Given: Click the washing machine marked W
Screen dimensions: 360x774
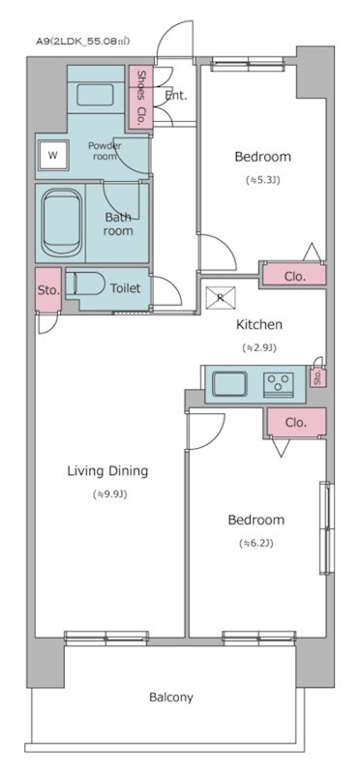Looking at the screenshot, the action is coord(53,155).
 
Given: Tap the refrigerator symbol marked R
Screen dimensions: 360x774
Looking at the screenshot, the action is coord(221,298).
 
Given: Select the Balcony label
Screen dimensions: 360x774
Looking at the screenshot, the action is coord(171,698).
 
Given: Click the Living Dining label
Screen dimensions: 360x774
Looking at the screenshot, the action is coord(107,471).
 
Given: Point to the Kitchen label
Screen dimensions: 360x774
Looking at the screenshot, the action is coord(259,325).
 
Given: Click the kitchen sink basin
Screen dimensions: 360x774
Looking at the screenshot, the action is coord(229,384).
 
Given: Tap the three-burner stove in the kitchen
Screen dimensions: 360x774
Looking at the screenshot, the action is coord(279,384).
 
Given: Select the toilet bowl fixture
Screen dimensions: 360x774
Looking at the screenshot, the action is coord(86,284).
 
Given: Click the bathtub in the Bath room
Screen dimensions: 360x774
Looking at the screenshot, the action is coord(62,223).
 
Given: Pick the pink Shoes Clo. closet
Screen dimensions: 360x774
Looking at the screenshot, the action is coord(140,97).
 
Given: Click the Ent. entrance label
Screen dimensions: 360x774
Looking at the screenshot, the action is coord(176,96).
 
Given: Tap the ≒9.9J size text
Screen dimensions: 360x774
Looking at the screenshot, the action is coord(110,494).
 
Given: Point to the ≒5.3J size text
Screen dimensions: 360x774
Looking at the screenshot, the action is coord(263,180).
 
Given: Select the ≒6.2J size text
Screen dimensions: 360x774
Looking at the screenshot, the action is coord(256,544).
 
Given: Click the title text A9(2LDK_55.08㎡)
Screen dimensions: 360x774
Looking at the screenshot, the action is coord(83,42).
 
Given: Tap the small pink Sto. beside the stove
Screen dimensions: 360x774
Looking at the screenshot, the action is coord(317,378).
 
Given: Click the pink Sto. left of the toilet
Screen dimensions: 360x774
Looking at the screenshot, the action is coord(48,289).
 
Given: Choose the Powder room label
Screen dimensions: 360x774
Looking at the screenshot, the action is coord(105,151).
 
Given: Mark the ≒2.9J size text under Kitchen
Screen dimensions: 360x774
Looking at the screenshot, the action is coord(259,347).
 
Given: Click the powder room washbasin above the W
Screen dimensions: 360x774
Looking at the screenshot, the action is coord(95,95).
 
